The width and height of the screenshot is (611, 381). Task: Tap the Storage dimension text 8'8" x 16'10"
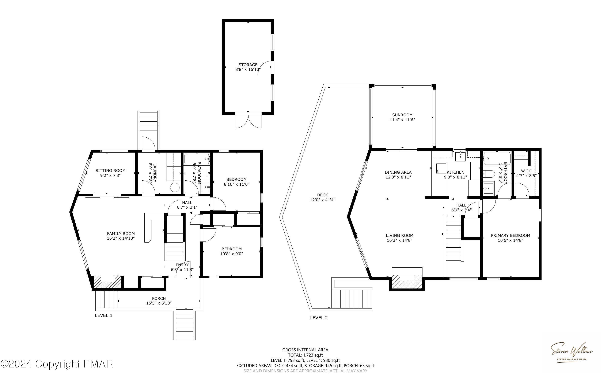(248, 70)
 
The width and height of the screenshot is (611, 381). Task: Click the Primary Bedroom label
(510, 235)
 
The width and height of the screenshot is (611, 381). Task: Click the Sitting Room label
(110, 171)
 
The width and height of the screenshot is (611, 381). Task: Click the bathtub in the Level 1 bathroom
(197, 159)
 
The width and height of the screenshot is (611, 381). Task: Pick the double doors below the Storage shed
(248, 121)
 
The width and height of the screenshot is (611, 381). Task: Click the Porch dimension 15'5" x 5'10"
(159, 303)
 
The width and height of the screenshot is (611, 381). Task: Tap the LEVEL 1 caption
(103, 315)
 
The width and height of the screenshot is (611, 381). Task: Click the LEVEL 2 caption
(319, 318)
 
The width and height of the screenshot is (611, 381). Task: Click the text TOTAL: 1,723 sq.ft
(305, 355)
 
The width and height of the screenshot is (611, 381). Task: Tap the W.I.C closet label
(527, 171)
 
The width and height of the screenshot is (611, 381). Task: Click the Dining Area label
(398, 172)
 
